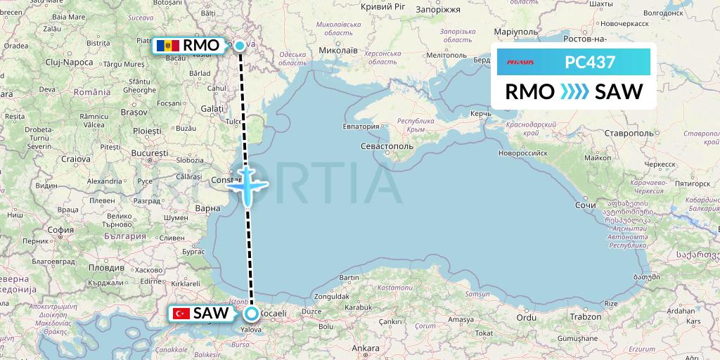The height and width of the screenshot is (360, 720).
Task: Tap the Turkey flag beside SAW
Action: [180, 314]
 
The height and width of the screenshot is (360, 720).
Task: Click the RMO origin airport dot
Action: [240, 46]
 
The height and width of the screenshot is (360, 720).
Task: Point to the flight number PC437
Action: [590, 62]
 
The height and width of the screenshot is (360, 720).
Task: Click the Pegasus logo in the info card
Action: [520, 62]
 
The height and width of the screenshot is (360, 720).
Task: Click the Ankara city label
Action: [366, 348]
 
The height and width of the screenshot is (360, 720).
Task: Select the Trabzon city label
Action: [585, 317]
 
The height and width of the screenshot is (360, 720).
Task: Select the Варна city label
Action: [207, 208]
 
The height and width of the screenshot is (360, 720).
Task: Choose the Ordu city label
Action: [526, 316]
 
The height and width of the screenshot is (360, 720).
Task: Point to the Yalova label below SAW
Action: [250, 328]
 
